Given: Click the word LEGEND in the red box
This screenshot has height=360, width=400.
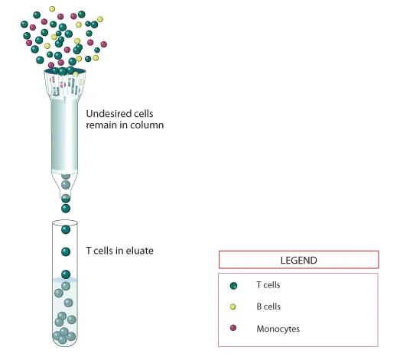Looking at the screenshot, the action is (299, 261).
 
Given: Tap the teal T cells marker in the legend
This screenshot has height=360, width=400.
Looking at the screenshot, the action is (233, 286).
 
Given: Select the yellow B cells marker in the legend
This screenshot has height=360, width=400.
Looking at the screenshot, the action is (233, 306).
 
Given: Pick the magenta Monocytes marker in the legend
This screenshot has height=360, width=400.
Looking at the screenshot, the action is (233, 328).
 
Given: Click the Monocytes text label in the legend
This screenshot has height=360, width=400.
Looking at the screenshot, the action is (278, 329).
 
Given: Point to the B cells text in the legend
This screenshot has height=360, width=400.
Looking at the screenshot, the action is (268, 306).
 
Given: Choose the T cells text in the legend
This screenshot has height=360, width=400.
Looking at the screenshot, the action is (268, 285).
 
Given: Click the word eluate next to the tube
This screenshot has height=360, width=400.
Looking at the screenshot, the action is (140, 251).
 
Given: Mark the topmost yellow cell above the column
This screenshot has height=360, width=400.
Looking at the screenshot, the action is (52, 9).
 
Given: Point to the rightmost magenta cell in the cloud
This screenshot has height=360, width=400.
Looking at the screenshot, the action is (103, 44).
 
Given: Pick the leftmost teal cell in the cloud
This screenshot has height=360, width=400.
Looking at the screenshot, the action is (24, 24).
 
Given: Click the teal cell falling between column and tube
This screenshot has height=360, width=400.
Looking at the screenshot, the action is (66, 209).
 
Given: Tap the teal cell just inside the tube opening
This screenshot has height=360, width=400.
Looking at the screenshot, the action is (66, 229).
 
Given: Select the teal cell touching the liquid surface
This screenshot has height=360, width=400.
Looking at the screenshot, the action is (66, 274).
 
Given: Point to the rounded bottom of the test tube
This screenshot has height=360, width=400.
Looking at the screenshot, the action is (65, 342).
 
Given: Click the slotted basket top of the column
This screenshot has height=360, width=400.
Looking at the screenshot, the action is (65, 83).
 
